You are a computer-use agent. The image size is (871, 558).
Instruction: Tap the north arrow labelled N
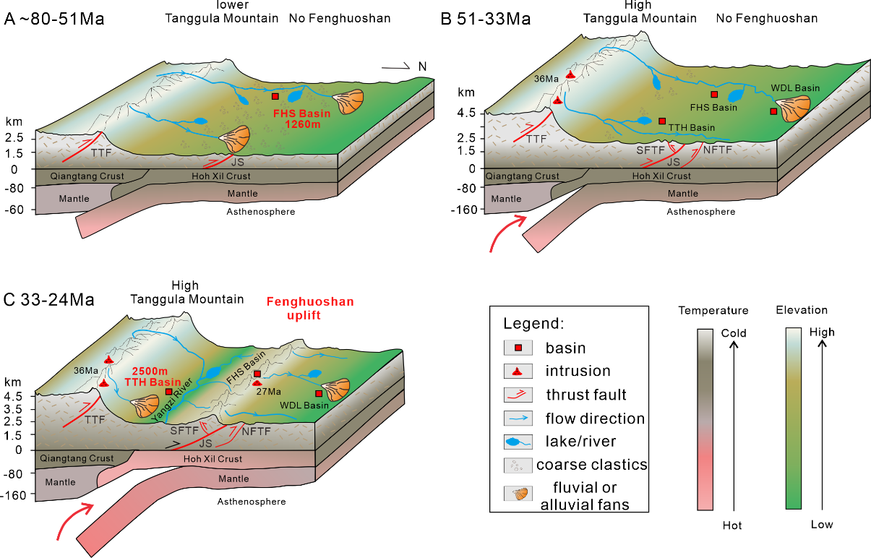pos(405,67)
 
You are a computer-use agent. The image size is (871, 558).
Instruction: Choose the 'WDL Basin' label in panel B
pos(795,88)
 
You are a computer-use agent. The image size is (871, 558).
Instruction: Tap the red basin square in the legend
pos(518,348)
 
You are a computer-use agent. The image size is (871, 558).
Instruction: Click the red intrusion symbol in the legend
pos(518,372)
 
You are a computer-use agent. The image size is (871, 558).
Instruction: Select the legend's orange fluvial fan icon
pos(518,494)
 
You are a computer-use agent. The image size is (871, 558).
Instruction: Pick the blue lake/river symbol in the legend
pos(518,442)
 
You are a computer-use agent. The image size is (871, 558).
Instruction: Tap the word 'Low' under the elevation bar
pos(821,524)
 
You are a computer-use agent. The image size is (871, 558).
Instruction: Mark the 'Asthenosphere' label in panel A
pos(261,211)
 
